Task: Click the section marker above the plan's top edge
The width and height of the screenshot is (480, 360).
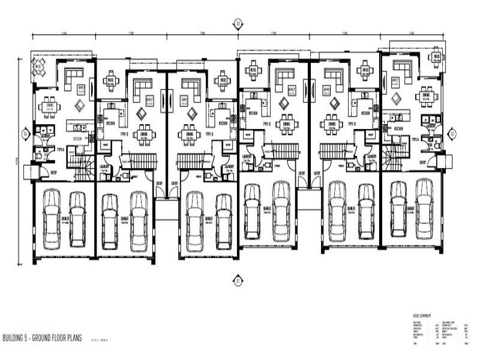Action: coord(238,24)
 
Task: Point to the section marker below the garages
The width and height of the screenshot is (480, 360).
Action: coord(238,280)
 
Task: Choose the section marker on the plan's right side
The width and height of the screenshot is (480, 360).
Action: coord(452,133)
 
